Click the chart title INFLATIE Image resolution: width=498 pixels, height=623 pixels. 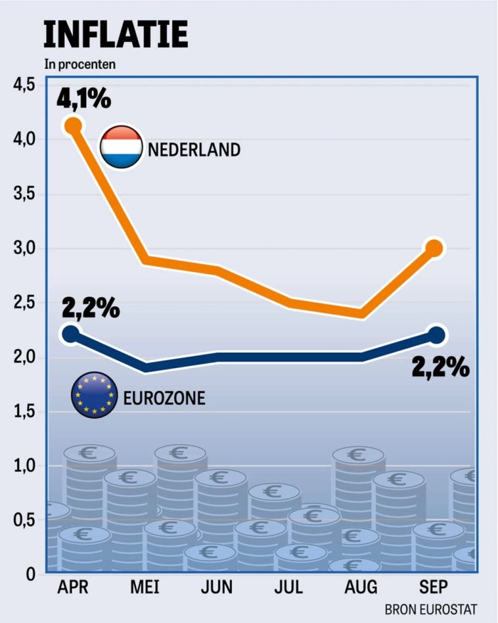(x=116, y=33)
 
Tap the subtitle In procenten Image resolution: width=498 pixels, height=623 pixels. (x=80, y=64)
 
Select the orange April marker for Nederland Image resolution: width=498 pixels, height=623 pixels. (x=73, y=126)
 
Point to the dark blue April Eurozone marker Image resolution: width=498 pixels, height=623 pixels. (x=71, y=334)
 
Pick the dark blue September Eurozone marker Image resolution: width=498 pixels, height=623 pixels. (x=436, y=335)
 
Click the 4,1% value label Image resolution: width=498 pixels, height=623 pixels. (x=85, y=98)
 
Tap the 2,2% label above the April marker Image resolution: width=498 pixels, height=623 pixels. (x=90, y=309)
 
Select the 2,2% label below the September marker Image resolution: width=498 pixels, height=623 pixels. (x=441, y=367)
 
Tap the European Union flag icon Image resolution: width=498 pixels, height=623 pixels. (x=94, y=394)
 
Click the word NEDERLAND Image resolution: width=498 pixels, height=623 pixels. (x=194, y=150)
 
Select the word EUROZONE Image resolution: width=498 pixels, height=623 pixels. (x=164, y=397)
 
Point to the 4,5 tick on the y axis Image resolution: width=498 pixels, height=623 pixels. (x=24, y=85)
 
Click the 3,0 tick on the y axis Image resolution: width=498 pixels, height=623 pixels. (x=24, y=248)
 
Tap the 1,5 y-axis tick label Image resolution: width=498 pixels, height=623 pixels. (x=24, y=412)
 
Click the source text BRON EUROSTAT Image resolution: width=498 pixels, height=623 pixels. (x=430, y=609)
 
